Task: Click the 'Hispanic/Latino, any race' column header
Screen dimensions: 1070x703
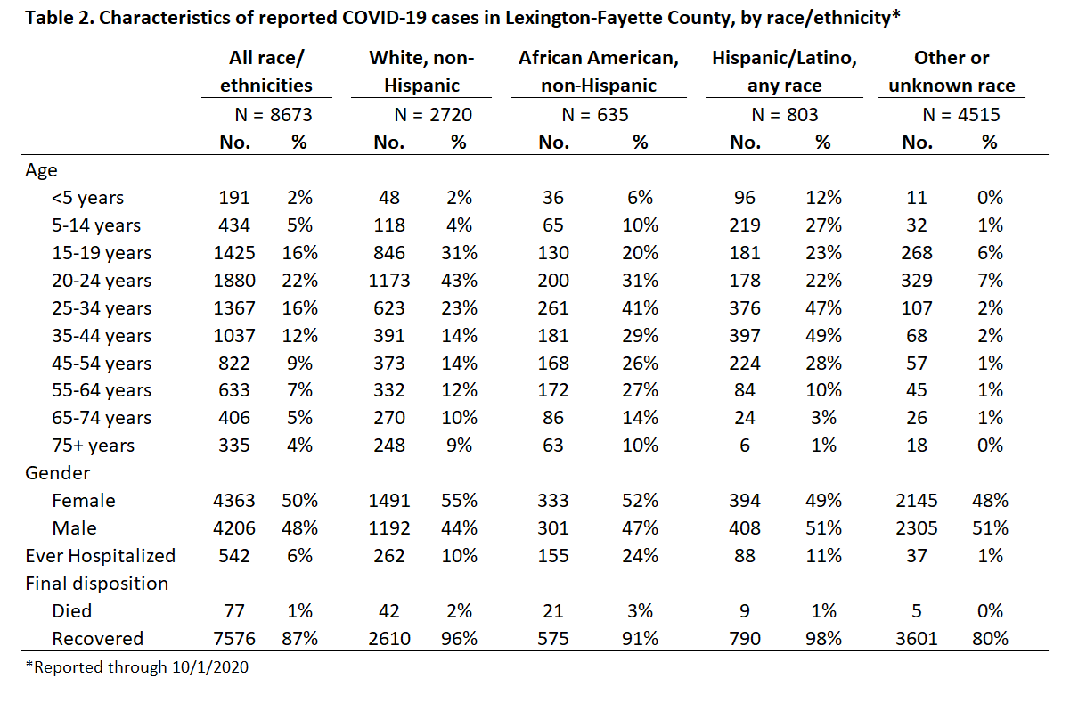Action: point(784,71)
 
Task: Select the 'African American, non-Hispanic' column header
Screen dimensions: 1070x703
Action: point(599,71)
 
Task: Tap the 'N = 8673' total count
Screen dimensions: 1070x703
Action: point(274,115)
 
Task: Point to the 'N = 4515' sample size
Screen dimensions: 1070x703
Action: point(961,115)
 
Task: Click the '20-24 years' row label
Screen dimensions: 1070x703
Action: point(102,281)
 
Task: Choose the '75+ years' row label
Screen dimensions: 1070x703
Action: point(94,446)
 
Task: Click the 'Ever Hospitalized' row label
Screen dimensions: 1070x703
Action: point(101,556)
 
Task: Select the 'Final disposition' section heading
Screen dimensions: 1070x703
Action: point(96,584)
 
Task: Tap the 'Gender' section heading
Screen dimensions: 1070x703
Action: point(57,473)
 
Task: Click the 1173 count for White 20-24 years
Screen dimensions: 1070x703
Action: point(389,281)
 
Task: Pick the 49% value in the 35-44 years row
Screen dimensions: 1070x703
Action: point(823,336)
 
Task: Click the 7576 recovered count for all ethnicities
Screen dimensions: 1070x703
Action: point(234,639)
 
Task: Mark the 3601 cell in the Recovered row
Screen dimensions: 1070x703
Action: point(916,639)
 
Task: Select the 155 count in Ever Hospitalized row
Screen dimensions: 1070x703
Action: point(553,556)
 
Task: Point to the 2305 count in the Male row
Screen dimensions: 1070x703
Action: point(916,528)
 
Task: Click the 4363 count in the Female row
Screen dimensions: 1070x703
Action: point(234,501)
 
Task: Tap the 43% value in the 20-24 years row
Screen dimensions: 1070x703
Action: point(459,281)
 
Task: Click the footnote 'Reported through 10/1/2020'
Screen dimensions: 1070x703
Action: point(137,667)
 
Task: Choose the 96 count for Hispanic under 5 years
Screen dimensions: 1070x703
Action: point(745,198)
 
